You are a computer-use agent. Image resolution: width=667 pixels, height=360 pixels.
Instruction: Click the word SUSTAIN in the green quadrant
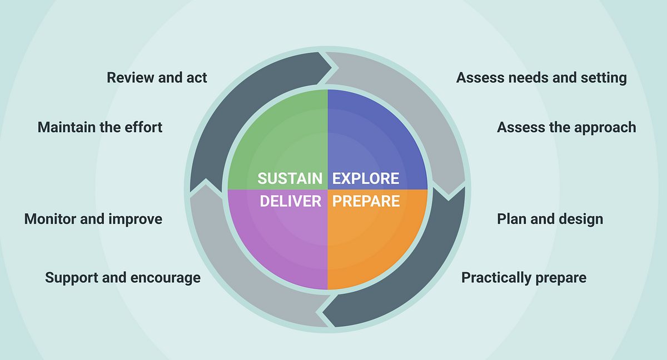click(290, 178)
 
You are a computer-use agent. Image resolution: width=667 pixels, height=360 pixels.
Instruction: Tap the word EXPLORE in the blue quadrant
click(366, 178)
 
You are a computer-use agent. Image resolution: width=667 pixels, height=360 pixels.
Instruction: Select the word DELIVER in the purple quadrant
click(291, 201)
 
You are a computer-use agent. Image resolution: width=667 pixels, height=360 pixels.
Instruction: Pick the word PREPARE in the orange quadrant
click(366, 201)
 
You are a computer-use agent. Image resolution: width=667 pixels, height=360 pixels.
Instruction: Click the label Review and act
click(157, 78)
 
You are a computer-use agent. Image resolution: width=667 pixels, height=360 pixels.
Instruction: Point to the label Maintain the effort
click(99, 127)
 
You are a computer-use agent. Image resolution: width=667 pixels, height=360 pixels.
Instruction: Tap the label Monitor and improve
click(93, 219)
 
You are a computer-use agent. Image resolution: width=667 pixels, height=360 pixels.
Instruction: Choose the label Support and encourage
click(123, 278)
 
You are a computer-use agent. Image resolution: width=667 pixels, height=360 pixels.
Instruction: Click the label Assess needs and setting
click(541, 78)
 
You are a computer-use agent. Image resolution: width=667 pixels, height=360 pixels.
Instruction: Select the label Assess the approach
click(566, 128)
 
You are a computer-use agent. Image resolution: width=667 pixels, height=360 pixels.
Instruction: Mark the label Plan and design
click(550, 219)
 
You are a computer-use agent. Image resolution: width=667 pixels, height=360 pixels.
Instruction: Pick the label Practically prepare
click(524, 278)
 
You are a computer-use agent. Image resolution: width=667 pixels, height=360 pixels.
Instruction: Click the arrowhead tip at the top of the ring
click(331, 68)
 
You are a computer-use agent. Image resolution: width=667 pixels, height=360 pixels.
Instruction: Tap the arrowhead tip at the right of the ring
click(449, 200)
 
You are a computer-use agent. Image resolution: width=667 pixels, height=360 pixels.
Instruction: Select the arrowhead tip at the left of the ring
click(206, 179)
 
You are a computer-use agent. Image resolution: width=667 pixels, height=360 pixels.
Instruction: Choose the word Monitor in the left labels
click(50, 219)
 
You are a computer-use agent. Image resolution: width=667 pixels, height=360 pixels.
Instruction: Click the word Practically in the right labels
click(496, 278)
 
